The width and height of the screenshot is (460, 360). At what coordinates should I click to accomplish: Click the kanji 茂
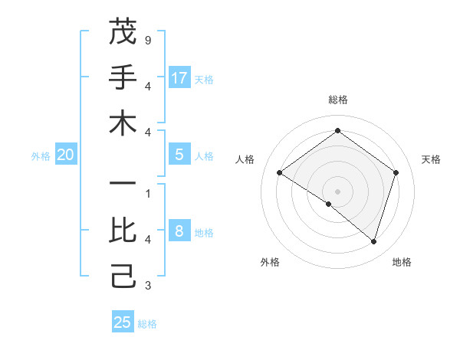(123, 31)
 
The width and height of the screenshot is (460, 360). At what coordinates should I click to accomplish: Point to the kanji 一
(123, 185)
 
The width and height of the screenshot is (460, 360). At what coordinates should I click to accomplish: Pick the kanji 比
(123, 230)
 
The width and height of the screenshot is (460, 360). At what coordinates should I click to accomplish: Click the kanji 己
(123, 276)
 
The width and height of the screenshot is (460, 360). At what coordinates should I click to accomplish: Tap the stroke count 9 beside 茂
(147, 38)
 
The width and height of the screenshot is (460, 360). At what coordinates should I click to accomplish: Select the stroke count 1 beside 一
(147, 193)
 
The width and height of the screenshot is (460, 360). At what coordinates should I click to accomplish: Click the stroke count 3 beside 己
(147, 286)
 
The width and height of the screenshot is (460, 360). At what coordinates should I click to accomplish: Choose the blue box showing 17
(179, 77)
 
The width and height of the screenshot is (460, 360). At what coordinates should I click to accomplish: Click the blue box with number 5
(179, 155)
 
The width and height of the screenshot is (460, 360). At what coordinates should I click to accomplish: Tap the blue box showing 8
(179, 231)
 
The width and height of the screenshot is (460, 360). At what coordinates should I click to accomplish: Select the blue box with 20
(65, 155)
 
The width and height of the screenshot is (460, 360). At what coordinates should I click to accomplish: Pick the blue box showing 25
(123, 322)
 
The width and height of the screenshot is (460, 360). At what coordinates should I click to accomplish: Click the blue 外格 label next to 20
(41, 156)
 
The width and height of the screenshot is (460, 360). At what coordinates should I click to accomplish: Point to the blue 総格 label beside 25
(147, 324)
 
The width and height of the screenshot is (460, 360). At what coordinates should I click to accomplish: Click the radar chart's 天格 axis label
(431, 159)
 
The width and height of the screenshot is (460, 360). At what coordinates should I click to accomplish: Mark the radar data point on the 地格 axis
(373, 241)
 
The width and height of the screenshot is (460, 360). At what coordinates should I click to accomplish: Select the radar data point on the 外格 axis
(329, 204)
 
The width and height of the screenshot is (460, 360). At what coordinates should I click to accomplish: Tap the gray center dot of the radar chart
(337, 191)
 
